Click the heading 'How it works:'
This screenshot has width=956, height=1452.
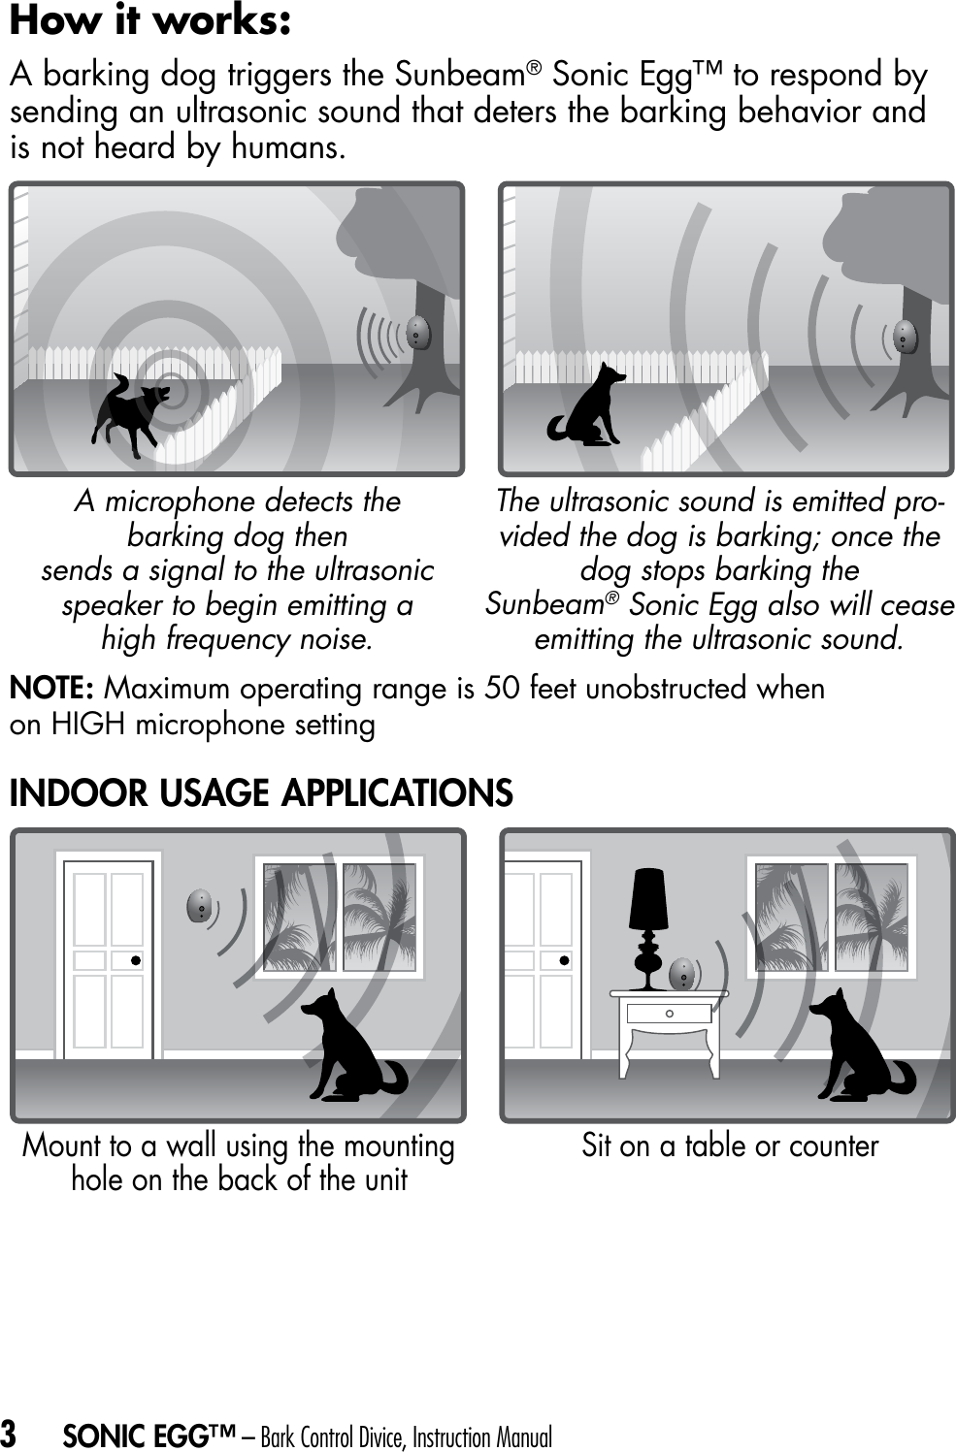(150, 21)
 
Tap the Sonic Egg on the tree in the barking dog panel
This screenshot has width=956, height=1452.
(417, 333)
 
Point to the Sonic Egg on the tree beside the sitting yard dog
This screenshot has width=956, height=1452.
(905, 337)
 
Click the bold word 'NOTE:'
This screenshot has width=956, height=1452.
(51, 689)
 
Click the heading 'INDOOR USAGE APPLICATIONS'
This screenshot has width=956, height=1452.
(261, 793)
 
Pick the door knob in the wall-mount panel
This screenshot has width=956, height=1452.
(137, 960)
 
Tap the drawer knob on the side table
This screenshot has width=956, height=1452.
(670, 1014)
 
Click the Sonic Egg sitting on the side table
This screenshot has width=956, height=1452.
(683, 973)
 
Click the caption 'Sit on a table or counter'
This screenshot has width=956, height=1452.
(730, 1145)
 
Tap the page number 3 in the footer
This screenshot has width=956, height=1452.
(9, 1434)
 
